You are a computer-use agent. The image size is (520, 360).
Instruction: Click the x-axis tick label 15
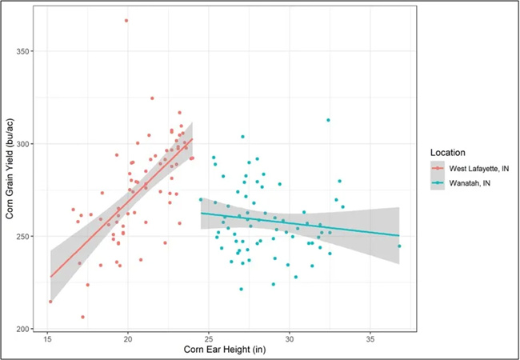coord(48,339)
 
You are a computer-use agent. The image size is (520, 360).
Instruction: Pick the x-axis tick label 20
coord(128,339)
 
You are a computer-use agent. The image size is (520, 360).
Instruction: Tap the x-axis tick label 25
coord(209,339)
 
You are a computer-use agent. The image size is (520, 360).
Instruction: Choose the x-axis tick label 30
coord(290,339)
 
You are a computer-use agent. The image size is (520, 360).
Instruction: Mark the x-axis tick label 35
coord(370,339)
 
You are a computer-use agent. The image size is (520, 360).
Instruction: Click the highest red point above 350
coord(126,21)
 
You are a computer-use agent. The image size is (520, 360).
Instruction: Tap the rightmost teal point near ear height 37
coord(399,246)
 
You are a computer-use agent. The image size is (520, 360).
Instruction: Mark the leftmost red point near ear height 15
coord(50,302)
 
